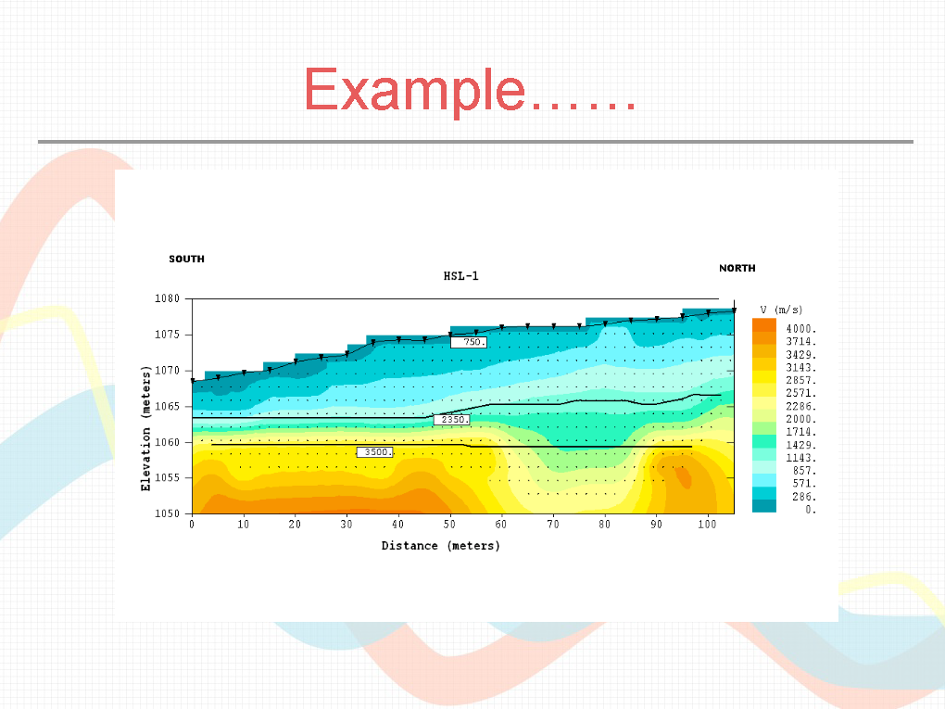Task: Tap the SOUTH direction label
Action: point(187,259)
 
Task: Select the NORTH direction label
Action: point(737,268)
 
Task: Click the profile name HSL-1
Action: point(461,276)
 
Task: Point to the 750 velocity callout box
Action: point(468,342)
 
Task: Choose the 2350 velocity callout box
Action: point(451,420)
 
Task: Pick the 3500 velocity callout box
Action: point(375,451)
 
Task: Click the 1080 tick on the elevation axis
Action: point(167,298)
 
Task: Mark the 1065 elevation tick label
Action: point(167,406)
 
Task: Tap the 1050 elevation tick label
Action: point(167,513)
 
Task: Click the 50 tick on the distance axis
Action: point(449,525)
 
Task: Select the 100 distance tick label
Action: point(707,525)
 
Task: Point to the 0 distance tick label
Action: point(192,525)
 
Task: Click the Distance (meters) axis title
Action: point(441,546)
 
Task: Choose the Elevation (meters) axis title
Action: point(145,428)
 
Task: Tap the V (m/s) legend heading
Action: point(781,310)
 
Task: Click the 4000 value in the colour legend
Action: point(801,329)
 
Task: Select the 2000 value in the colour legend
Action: point(801,419)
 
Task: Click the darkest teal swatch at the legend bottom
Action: point(764,506)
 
